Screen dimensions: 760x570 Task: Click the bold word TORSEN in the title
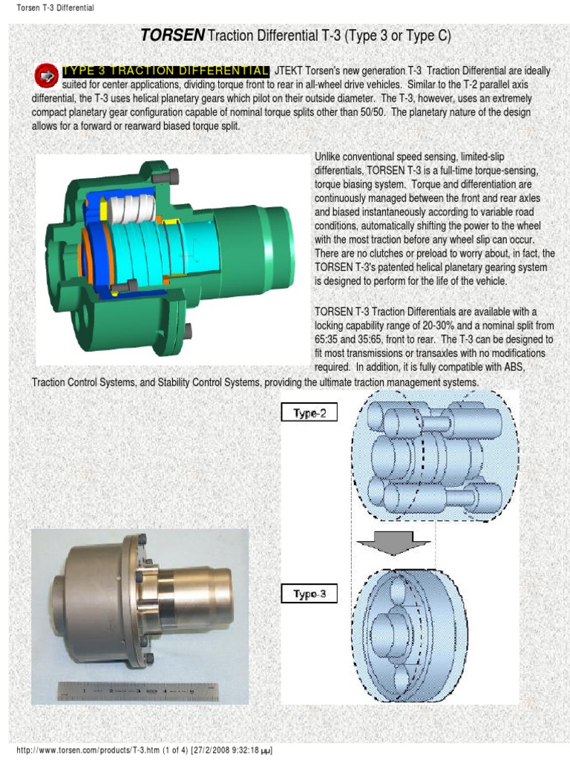(173, 35)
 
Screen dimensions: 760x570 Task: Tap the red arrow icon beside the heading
(47, 75)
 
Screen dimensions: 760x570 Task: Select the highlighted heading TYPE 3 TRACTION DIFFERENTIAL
(166, 71)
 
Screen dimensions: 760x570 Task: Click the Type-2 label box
(309, 413)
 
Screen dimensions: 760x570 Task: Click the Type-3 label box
(309, 594)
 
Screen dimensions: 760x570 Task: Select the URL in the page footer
(102, 751)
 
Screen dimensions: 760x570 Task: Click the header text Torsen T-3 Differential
(55, 8)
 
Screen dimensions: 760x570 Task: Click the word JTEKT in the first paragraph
(289, 71)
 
